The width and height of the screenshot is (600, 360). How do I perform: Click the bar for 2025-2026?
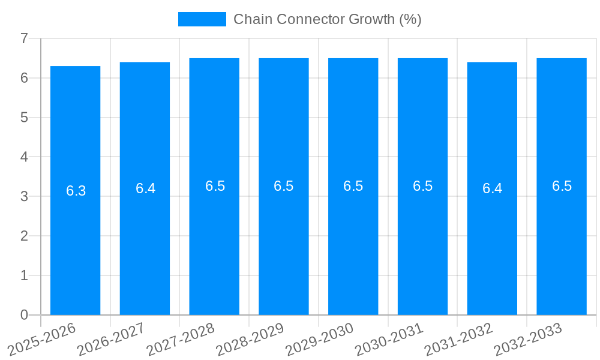[75, 252]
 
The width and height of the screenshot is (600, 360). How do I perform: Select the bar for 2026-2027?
[145, 252]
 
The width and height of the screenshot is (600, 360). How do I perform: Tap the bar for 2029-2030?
[353, 252]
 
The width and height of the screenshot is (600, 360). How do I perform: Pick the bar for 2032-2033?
[562, 252]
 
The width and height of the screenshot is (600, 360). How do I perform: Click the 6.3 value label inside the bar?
[76, 191]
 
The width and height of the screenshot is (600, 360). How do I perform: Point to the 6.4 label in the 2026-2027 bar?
[145, 188]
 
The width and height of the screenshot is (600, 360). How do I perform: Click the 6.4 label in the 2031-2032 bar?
[492, 188]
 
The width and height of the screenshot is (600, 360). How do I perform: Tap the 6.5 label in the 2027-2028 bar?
[215, 186]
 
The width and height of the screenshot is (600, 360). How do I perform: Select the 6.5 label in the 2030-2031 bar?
[422, 186]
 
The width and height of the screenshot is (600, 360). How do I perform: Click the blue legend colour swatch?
[202, 19]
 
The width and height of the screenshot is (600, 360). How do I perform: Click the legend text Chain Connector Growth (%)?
[327, 19]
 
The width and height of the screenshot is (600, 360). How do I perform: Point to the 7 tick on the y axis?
[24, 38]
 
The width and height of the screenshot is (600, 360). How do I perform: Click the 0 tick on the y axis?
[24, 315]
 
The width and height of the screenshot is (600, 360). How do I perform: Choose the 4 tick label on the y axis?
[24, 157]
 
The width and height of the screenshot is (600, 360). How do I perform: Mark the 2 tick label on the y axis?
[24, 236]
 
